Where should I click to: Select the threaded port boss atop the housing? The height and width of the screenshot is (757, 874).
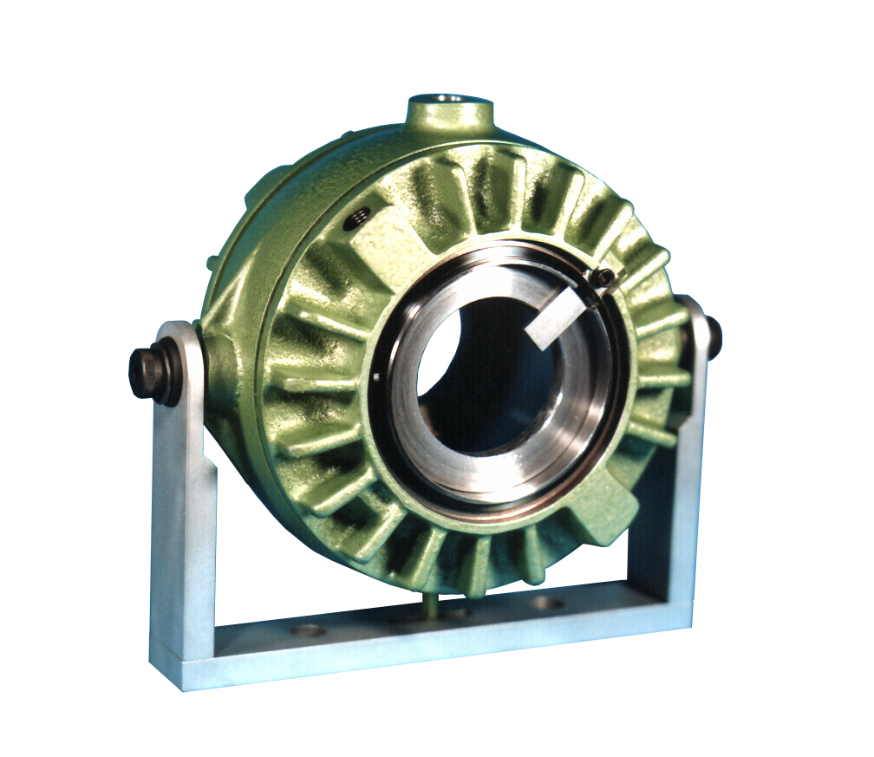[449, 114]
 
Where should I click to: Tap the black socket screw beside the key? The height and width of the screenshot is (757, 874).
[606, 277]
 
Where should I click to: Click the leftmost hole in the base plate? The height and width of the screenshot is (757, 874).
[309, 630]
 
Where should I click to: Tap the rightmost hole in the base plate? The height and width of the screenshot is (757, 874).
[547, 602]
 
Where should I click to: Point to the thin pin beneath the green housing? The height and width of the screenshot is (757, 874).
[429, 604]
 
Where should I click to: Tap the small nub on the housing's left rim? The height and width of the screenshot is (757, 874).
[210, 261]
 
